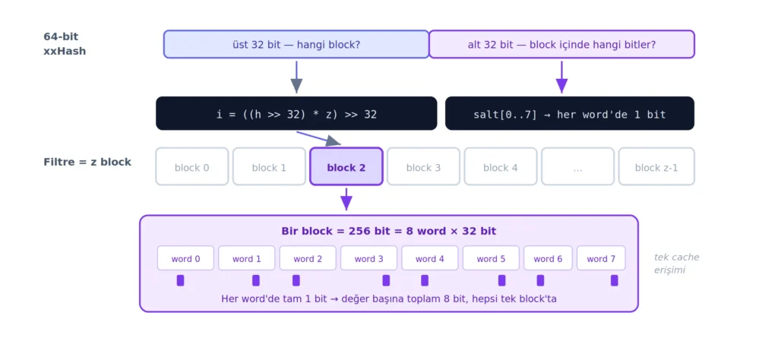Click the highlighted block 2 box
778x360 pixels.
(346, 166)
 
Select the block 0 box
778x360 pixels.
(192, 166)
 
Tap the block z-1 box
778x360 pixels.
(656, 166)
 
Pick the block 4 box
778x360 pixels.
(501, 166)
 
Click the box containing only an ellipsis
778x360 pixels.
(577, 166)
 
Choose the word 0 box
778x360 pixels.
(185, 258)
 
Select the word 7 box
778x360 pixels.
(601, 258)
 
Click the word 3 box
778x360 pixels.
(368, 258)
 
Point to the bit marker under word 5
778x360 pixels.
(501, 281)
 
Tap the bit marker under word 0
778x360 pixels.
(180, 281)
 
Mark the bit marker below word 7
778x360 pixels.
(614, 281)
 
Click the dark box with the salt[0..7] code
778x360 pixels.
(570, 114)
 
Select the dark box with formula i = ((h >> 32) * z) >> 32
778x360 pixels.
(296, 114)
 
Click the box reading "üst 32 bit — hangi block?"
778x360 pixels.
(296, 44)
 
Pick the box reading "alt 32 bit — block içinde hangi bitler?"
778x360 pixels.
(561, 44)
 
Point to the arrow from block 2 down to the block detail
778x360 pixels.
(346, 199)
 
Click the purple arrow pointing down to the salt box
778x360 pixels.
(561, 77)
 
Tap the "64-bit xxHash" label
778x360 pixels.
(65, 43)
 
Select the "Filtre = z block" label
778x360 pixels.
(87, 162)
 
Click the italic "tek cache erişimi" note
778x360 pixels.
(676, 264)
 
